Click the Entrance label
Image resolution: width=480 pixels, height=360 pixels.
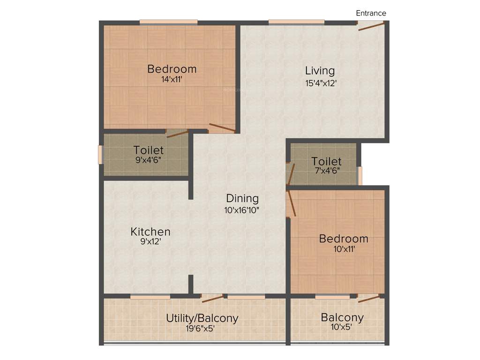point(371,13)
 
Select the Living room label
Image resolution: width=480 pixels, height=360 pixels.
point(320,71)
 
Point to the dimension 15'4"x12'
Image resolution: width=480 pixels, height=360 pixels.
point(321,83)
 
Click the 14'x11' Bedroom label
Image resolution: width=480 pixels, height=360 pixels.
point(172,69)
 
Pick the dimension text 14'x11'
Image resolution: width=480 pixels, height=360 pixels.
point(172,80)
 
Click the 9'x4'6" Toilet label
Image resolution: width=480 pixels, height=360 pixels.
point(148,150)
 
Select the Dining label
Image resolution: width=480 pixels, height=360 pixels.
point(242,198)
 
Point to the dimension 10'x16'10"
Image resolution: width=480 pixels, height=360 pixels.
point(242,210)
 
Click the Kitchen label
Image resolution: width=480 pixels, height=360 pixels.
point(150,232)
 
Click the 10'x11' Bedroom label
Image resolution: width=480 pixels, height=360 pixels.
point(343,239)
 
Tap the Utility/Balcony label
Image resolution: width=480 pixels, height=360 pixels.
point(202,318)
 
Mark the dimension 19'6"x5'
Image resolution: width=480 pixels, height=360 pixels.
point(200,329)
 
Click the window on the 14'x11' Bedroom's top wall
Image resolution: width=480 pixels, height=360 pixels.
point(168,22)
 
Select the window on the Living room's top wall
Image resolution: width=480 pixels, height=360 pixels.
point(296,22)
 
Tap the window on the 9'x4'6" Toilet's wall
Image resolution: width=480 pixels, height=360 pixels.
point(100,155)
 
